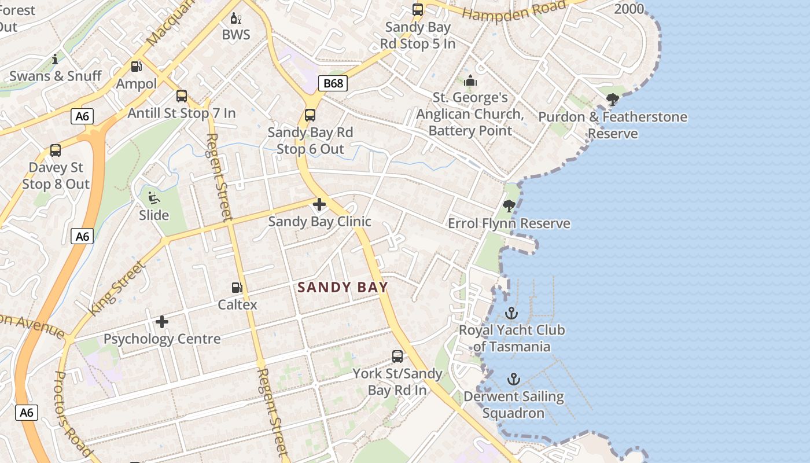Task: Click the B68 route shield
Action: point(333,83)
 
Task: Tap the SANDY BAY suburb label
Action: point(343,287)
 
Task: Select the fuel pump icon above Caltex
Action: point(237,287)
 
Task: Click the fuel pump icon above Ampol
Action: point(137,67)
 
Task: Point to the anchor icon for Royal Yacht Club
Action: point(511,313)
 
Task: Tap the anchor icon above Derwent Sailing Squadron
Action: point(513,379)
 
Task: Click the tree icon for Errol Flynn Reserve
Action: point(509,206)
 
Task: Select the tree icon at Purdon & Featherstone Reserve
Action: point(613,100)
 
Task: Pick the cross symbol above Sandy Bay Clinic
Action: point(319,204)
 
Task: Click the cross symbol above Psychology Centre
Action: point(162,321)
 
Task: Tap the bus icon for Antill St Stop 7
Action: point(182,96)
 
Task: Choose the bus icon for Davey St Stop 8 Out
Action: point(56,150)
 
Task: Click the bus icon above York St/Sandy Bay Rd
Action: point(397,357)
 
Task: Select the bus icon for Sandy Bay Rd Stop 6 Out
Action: point(310,115)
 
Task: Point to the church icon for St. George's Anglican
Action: point(470,80)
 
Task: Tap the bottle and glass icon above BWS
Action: point(236,18)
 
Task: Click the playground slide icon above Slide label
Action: point(154,198)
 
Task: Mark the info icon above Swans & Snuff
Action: point(56,59)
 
